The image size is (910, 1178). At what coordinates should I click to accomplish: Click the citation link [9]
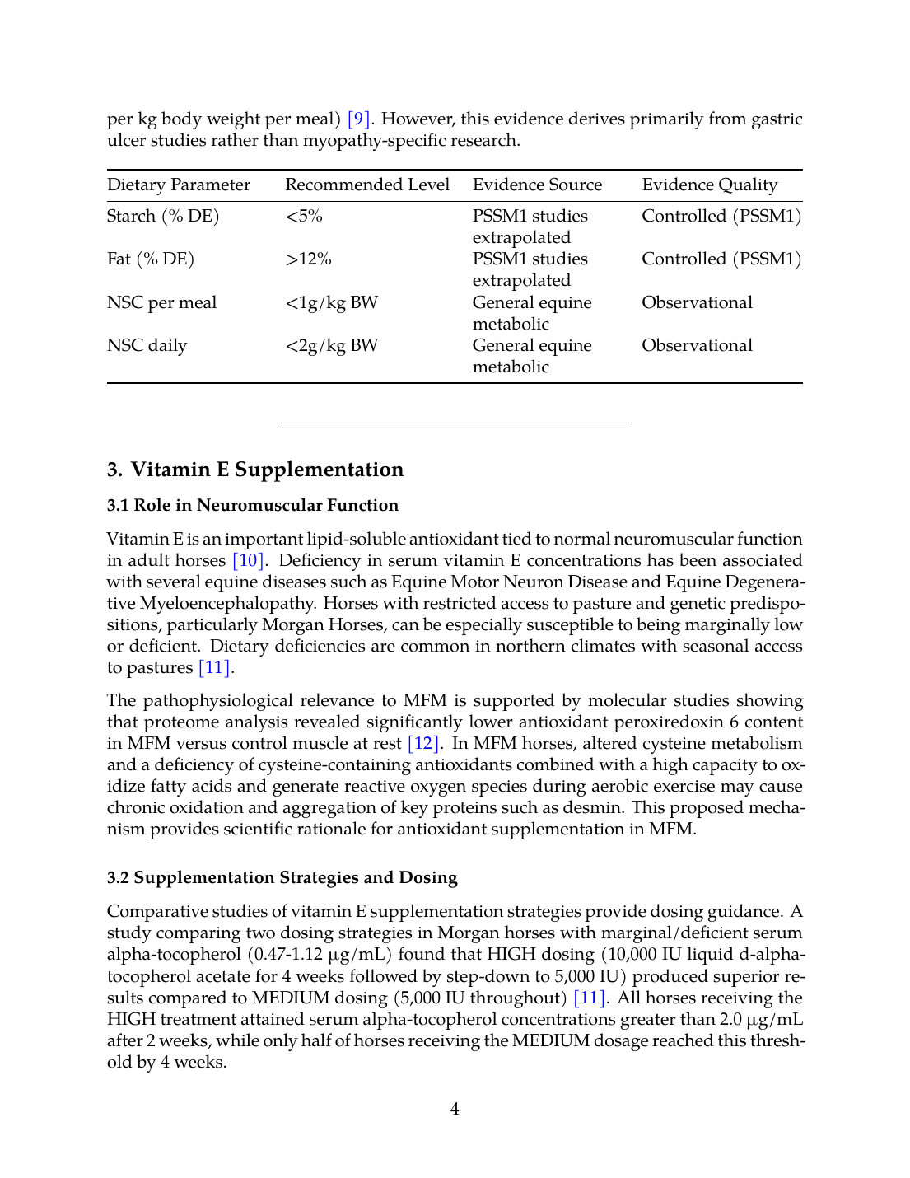coord(358,119)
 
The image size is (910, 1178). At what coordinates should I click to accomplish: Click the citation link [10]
coord(248,561)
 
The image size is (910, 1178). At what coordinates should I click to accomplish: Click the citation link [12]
coord(423,744)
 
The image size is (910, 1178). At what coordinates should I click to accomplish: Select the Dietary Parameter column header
coord(179,185)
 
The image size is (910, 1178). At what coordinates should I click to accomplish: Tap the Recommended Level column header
coord(367,185)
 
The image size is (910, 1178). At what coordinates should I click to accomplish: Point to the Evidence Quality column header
coord(709,185)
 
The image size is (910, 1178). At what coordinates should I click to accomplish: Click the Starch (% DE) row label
coord(163,217)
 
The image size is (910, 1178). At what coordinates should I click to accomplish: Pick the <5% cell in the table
coord(304,217)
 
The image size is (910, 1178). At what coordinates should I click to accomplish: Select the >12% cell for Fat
coord(308,259)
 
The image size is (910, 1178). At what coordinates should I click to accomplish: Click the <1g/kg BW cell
coord(331,303)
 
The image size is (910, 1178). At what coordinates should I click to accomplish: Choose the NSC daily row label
coord(147,346)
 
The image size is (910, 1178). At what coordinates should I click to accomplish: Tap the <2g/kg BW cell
coord(331,346)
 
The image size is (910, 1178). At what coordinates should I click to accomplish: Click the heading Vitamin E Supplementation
coord(267,470)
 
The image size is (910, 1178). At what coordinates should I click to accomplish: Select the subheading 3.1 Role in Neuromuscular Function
coord(252,506)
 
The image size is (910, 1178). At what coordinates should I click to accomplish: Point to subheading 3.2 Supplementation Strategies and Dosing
coord(282,878)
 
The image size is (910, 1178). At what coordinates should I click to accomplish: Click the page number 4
coord(455,1110)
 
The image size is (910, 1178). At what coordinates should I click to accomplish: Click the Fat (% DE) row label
coord(151,259)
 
